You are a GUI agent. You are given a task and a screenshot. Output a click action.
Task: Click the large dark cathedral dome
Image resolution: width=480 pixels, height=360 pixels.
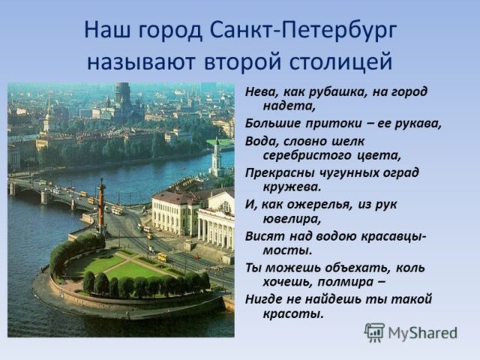pos(122,94)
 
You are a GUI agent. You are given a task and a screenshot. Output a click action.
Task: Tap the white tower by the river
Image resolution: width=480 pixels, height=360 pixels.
pos(216,157)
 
